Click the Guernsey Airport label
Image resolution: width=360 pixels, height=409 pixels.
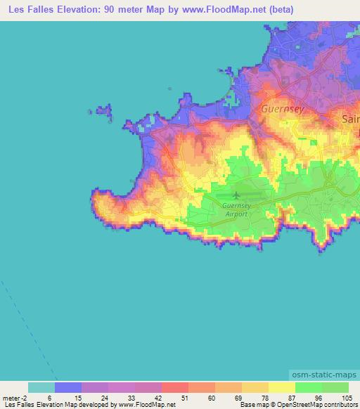click(x=236, y=209)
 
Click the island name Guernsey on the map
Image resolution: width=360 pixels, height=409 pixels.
click(x=281, y=110)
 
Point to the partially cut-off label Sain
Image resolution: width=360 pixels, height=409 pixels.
click(x=349, y=119)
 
